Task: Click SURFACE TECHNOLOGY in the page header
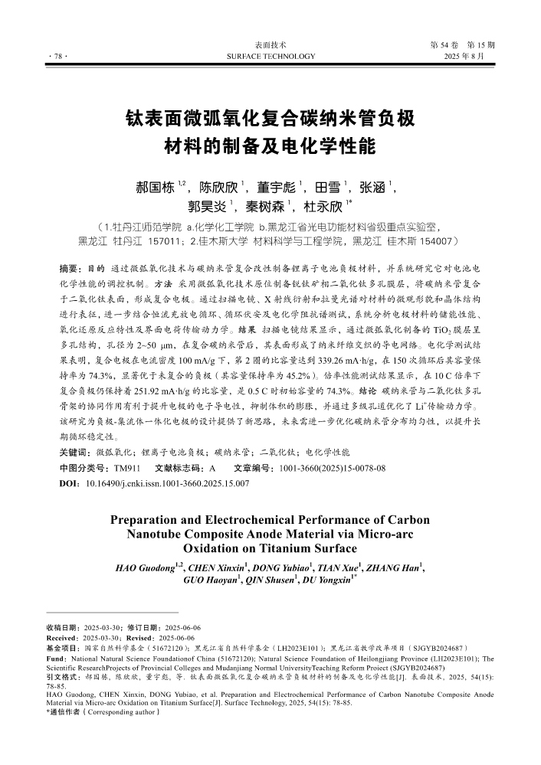(270, 57)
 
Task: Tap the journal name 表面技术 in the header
(270, 45)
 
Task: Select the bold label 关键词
(75, 453)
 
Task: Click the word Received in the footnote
(61, 637)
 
